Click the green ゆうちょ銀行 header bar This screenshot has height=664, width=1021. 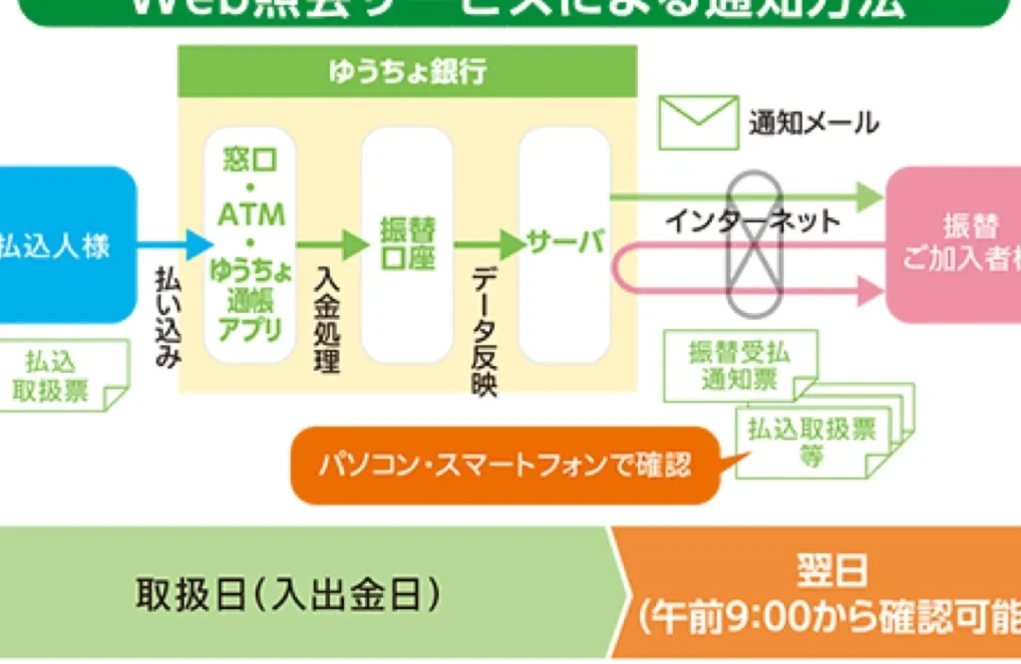coord(407,72)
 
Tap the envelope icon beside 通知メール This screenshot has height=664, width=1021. coord(698,123)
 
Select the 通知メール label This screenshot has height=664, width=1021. coord(814,124)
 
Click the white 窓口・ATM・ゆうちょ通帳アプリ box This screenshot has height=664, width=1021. coord(250,244)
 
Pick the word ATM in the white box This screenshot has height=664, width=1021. coord(250,214)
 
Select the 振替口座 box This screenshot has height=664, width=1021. coord(407,244)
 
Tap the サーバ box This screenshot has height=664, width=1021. coord(564,244)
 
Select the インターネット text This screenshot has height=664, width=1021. coord(753,221)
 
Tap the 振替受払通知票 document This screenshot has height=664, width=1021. coord(739,366)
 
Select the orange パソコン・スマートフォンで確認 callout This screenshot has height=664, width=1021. coord(505,466)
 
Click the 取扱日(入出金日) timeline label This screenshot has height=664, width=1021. coord(288,595)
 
